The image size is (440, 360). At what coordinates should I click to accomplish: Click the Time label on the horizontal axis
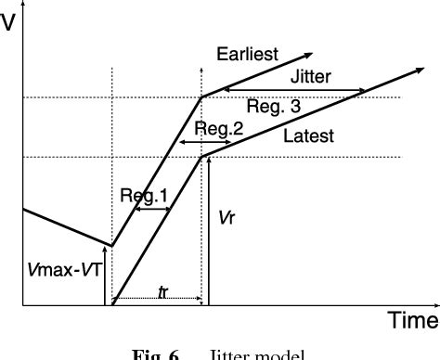point(412,321)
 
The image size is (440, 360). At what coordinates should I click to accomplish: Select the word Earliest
point(247,54)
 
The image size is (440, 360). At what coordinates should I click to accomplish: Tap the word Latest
point(309,136)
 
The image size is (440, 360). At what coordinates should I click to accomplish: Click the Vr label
point(226,217)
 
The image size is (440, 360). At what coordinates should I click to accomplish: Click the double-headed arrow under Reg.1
point(152,210)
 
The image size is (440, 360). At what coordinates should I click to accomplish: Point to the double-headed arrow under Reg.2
point(197,142)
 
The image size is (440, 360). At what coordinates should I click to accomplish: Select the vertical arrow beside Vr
point(210,232)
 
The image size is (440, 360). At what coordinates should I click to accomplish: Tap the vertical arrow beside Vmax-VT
point(105,278)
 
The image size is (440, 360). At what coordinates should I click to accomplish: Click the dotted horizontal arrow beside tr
point(158,300)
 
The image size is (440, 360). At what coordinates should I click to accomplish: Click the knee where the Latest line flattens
point(202,156)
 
